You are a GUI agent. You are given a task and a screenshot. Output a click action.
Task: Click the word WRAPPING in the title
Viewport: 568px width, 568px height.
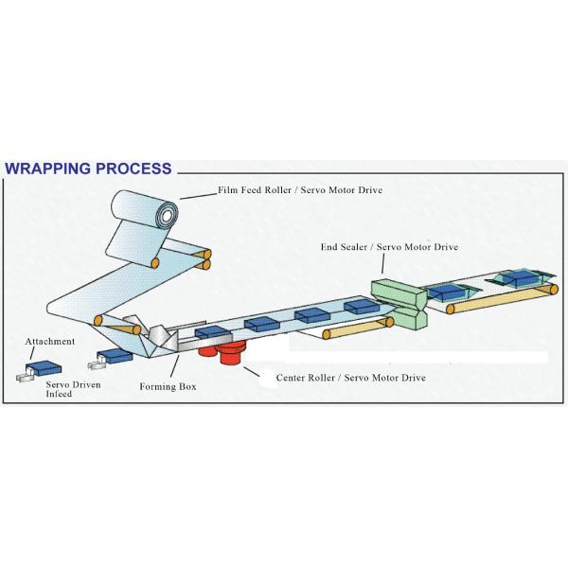(x=53, y=169)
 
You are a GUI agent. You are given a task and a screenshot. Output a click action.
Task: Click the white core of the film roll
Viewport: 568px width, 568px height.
(x=169, y=216)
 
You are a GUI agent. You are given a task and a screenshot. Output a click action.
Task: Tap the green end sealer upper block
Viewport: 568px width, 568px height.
(x=388, y=289)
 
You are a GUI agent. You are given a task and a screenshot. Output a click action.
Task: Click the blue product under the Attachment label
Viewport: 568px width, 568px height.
(x=44, y=365)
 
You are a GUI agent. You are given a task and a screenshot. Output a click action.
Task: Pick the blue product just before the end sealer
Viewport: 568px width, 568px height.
(x=360, y=306)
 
